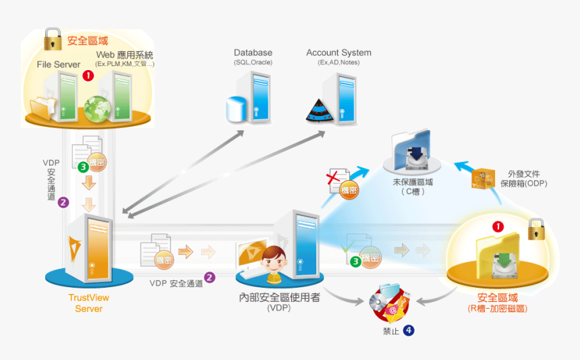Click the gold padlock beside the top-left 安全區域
tap(53, 40)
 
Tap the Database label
tap(253, 53)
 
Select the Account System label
tap(339, 53)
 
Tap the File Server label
tap(59, 65)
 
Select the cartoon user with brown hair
tap(274, 262)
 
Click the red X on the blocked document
tap(333, 179)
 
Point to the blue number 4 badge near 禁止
tap(409, 330)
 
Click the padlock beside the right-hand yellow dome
tap(536, 229)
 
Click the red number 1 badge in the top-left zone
tap(88, 76)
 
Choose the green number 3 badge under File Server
tap(83, 166)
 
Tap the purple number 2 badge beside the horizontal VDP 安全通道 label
tap(210, 276)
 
